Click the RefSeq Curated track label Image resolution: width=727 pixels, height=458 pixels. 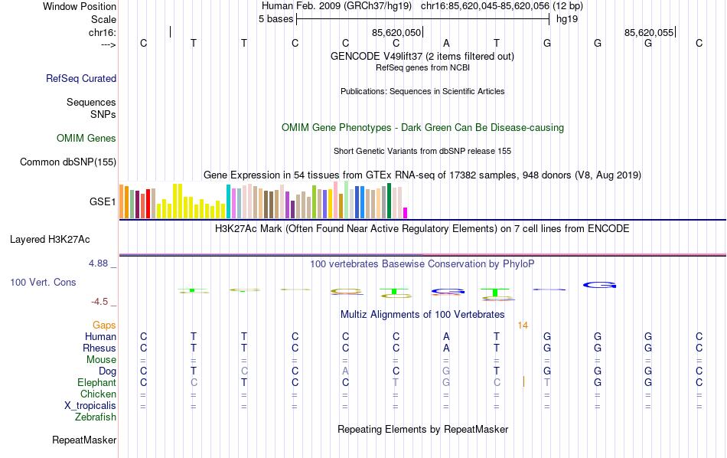pyautogui.click(x=81, y=78)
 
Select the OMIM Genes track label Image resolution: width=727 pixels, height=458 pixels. pyautogui.click(x=86, y=139)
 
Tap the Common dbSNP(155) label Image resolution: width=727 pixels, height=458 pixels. pyautogui.click(x=68, y=162)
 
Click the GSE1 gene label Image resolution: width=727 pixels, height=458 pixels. pyautogui.click(x=103, y=202)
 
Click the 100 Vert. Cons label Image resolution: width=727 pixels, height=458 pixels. pyautogui.click(x=43, y=283)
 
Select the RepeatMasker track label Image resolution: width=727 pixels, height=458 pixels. pyautogui.click(x=84, y=440)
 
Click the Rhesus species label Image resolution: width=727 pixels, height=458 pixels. pyautogui.click(x=99, y=348)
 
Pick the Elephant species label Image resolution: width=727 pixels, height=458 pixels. pyautogui.click(x=97, y=382)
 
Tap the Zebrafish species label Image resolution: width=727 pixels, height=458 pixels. pyautogui.click(x=96, y=417)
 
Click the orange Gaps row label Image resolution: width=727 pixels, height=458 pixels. pyautogui.click(x=105, y=325)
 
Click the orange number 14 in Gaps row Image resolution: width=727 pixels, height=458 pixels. pyautogui.click(x=523, y=325)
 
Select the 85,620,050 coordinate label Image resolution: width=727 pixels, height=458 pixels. pyautogui.click(x=396, y=32)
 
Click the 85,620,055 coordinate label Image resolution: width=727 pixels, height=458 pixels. pyautogui.click(x=649, y=32)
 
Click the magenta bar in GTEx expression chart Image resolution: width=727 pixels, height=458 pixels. pyautogui.click(x=406, y=213)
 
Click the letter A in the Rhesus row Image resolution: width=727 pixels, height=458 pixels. pyautogui.click(x=446, y=348)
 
